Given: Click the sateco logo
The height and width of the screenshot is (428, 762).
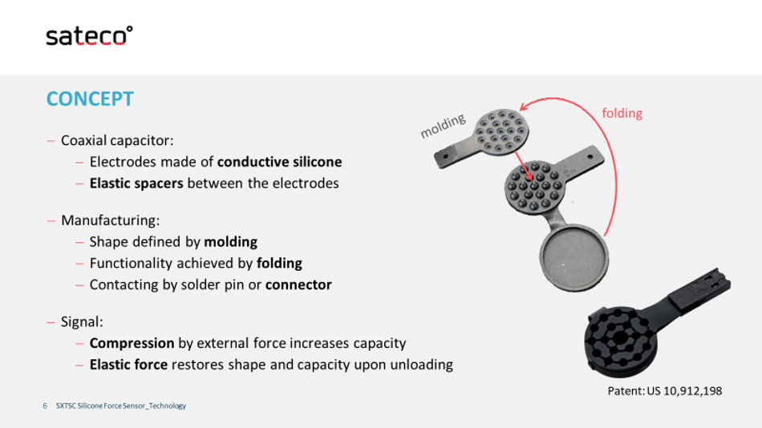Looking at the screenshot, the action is (89, 36).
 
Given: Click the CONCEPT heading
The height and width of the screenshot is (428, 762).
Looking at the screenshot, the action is (90, 99).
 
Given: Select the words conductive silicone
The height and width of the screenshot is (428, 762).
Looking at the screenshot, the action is (279, 162).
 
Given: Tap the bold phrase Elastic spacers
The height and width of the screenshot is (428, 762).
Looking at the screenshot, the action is (136, 184).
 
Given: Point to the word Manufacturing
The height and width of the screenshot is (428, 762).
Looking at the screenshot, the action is (109, 220).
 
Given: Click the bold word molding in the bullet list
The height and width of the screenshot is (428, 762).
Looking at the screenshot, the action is (230, 242).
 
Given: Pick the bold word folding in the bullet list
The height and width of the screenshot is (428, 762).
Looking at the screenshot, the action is (279, 264).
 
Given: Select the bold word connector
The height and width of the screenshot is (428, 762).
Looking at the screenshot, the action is (298, 285).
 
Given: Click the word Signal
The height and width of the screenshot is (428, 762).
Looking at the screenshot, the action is (81, 321).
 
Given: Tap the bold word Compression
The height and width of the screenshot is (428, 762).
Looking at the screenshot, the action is (132, 344).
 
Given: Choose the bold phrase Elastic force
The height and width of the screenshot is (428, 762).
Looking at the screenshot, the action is (128, 365).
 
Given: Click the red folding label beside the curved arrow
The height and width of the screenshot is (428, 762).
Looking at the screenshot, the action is (622, 114).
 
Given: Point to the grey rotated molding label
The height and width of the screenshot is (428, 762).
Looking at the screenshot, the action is (443, 126).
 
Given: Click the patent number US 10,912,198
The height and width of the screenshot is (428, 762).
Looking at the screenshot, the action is (684, 391).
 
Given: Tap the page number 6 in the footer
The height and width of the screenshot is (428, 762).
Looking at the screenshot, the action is (45, 406).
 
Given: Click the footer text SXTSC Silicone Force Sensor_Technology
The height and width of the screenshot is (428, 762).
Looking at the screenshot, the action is (121, 406).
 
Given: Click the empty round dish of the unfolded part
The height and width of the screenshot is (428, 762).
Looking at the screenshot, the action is (574, 256).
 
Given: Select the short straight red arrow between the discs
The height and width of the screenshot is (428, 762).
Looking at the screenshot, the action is (524, 166).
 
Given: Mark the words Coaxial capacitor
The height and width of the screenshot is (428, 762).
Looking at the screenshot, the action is (116, 140).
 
